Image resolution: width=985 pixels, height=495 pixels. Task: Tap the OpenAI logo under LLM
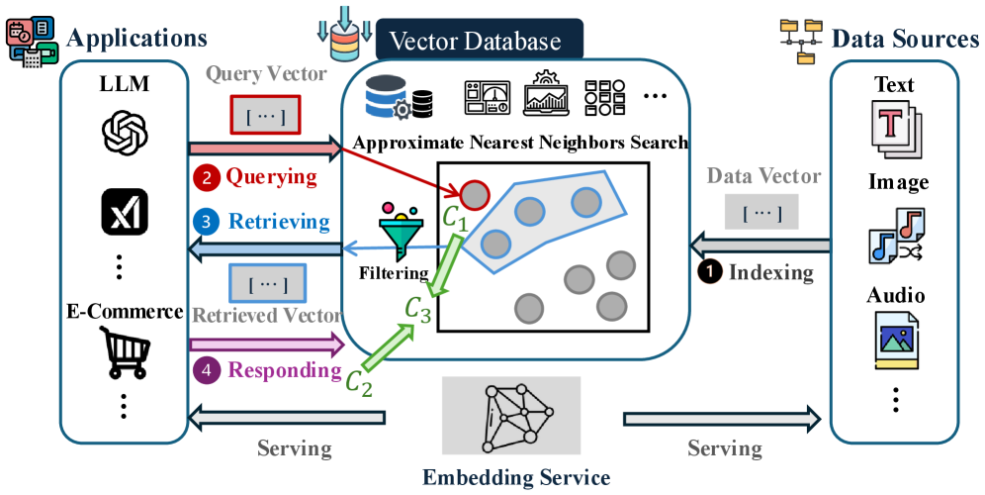125,131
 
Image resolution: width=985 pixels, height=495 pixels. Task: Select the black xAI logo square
125,210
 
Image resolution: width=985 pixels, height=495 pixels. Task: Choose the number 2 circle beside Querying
207,178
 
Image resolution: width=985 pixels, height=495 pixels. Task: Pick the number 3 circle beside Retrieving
207,221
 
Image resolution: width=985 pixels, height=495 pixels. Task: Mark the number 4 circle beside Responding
207,371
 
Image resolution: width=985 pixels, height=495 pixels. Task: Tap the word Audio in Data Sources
896,296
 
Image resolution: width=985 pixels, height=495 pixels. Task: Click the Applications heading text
136,39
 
